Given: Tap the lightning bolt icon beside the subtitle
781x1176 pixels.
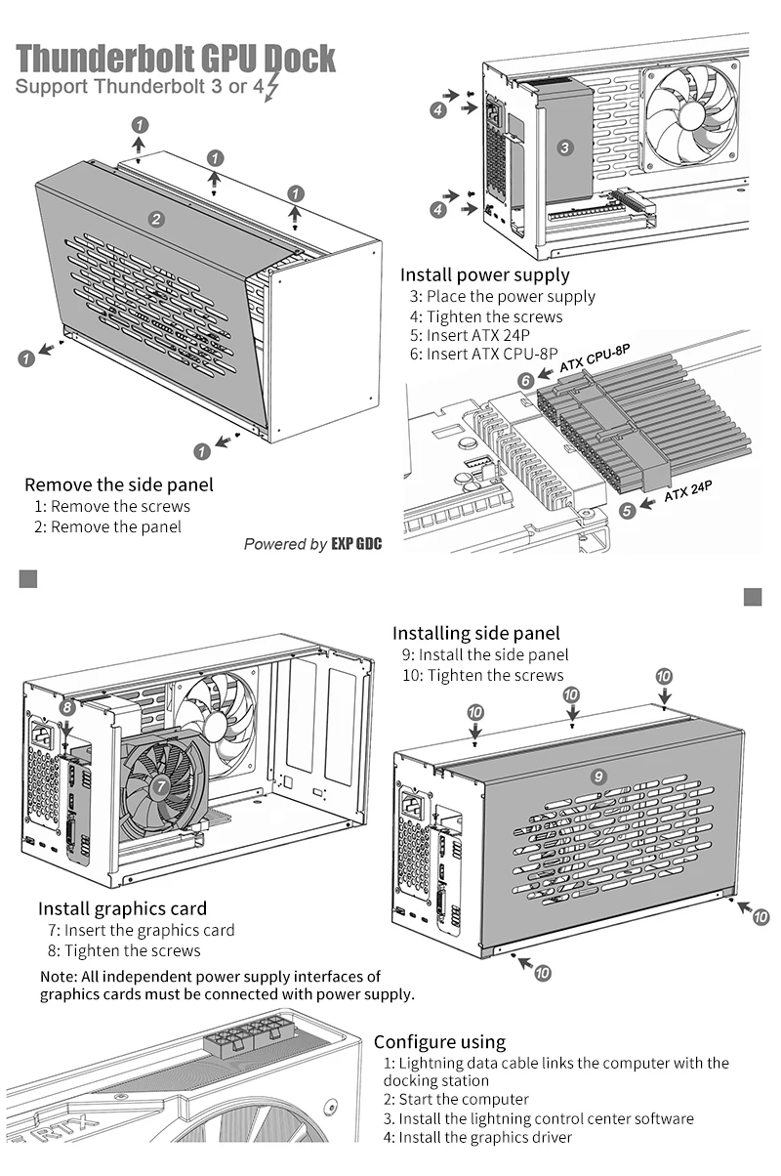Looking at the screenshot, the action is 271,88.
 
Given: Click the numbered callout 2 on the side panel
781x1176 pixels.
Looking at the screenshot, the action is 156,219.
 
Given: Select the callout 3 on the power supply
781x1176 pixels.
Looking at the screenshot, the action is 564,147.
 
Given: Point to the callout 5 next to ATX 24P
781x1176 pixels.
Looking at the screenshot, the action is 627,510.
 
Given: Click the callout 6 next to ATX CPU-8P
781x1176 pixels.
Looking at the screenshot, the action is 526,380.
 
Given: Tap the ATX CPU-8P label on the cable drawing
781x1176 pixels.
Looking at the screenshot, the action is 595,358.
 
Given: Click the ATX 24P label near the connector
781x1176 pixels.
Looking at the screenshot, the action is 688,491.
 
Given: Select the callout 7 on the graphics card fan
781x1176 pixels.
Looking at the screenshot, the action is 161,786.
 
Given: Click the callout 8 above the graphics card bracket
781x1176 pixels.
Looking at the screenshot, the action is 67,708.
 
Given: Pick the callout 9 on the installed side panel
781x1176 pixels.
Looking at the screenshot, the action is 598,777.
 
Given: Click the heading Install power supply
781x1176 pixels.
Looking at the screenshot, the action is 484,274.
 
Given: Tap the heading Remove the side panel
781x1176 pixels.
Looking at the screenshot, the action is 119,484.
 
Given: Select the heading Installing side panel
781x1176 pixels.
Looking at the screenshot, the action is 476,633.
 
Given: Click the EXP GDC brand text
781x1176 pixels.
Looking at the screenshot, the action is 356,544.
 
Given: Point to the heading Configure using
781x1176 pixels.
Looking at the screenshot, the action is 440,1041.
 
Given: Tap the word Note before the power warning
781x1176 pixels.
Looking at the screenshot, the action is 58,977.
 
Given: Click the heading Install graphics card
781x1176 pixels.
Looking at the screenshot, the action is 122,908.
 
